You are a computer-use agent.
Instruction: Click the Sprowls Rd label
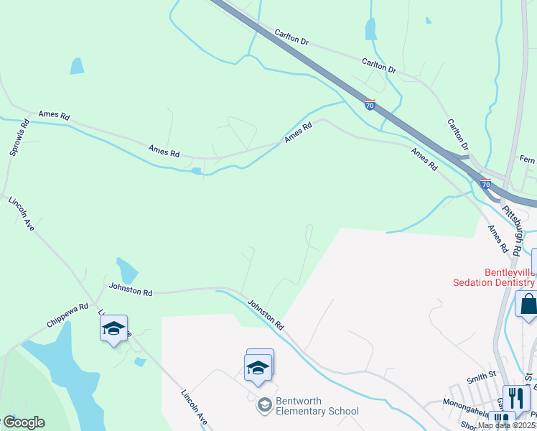[x=19, y=137]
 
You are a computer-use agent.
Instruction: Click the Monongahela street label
[x=470, y=402]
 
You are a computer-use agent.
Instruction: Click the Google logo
[x=23, y=422]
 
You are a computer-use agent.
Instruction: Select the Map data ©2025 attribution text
[x=505, y=425]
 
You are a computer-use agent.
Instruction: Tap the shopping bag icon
[x=528, y=304]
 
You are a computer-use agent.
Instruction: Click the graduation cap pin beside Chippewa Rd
[x=113, y=328]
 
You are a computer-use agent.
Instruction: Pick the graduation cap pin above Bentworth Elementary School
[x=258, y=366]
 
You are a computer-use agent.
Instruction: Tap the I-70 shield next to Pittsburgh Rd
[x=485, y=184]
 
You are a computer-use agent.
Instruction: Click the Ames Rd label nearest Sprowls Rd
[x=54, y=115]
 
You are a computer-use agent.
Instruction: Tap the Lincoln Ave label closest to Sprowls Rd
[x=22, y=214]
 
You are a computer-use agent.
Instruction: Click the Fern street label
[x=527, y=159]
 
